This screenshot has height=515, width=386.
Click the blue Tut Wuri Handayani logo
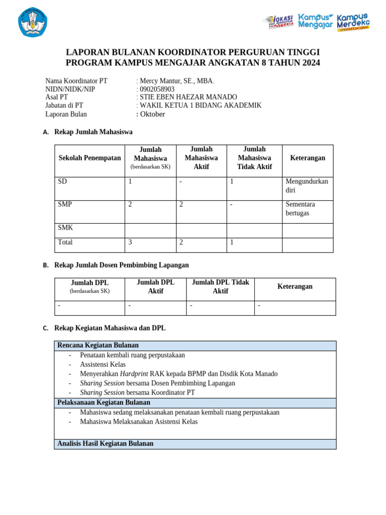33,22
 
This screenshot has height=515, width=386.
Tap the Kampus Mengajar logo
316,21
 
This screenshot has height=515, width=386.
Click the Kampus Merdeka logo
353,22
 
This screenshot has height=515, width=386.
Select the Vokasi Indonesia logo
279,22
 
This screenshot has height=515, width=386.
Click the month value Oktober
152,114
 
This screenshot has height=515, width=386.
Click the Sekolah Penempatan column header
89,158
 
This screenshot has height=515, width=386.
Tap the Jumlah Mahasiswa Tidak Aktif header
254,158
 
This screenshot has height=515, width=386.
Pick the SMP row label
65,204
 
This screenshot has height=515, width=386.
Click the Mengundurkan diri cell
307,186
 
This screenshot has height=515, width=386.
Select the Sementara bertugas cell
301,209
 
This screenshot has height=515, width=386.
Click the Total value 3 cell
130,242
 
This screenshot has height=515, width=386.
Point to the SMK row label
65,227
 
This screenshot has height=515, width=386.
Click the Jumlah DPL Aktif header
155,287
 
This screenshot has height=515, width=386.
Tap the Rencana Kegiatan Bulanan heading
98,346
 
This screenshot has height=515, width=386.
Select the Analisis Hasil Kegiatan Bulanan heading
106,444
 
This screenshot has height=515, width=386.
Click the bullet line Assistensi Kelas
103,364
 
